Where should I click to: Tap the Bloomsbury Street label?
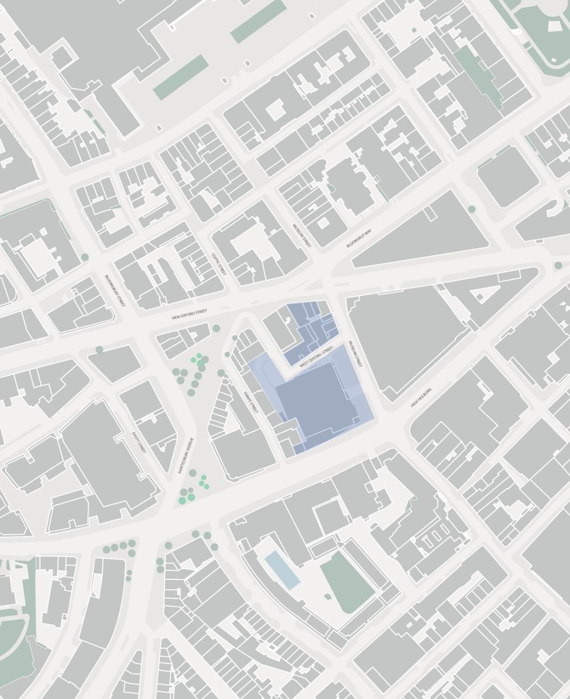(x=115, y=291)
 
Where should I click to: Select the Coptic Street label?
(x=219, y=263)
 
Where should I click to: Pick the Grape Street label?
(x=251, y=401)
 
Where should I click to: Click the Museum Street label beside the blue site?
(x=356, y=354)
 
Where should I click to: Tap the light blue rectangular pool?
(x=282, y=570)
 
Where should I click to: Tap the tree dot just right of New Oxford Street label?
(x=216, y=328)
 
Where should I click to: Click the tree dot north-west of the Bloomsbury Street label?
(x=84, y=256)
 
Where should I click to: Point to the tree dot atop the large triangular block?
(x=472, y=209)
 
